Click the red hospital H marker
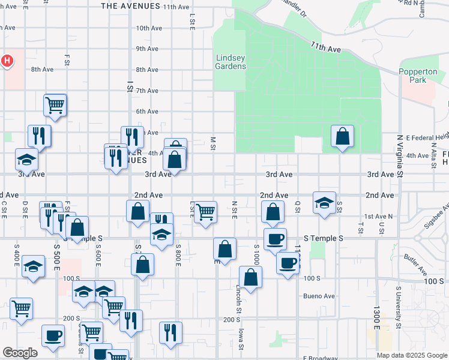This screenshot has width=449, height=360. click(7, 61)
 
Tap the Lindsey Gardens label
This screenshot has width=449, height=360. click(231, 62)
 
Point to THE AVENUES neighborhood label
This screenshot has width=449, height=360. click(130, 7)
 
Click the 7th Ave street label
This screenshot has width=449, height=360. click(146, 91)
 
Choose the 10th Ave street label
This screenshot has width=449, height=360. click(146, 28)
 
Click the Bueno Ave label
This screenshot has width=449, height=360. click(319, 296)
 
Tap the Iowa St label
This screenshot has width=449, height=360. click(241, 336)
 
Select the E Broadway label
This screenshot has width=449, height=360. click(325, 358)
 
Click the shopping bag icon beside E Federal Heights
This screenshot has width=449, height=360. click(342, 137)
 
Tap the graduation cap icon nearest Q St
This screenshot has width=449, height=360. click(324, 203)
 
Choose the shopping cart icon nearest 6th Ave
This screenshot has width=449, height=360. click(55, 105)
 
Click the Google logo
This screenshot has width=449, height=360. click(20, 353)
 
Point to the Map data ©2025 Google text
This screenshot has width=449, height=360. click(411, 355)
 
